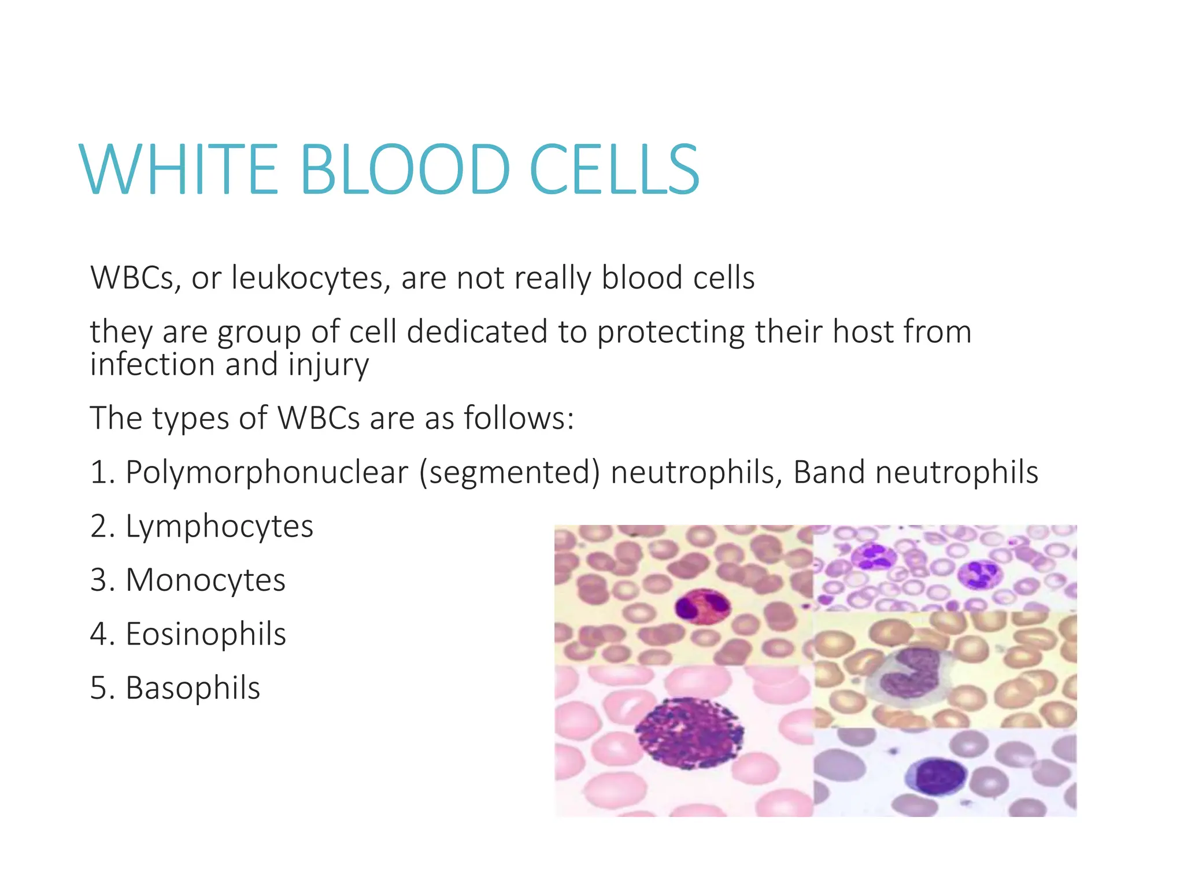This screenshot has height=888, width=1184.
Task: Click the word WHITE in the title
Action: click(x=179, y=171)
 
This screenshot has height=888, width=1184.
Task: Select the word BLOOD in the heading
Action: click(x=405, y=171)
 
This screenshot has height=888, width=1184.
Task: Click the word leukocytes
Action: click(x=308, y=278)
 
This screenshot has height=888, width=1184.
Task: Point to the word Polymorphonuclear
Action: click(x=267, y=472)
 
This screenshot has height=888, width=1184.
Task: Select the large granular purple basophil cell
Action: click(x=689, y=732)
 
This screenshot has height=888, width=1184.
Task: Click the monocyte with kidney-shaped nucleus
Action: click(x=912, y=671)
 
